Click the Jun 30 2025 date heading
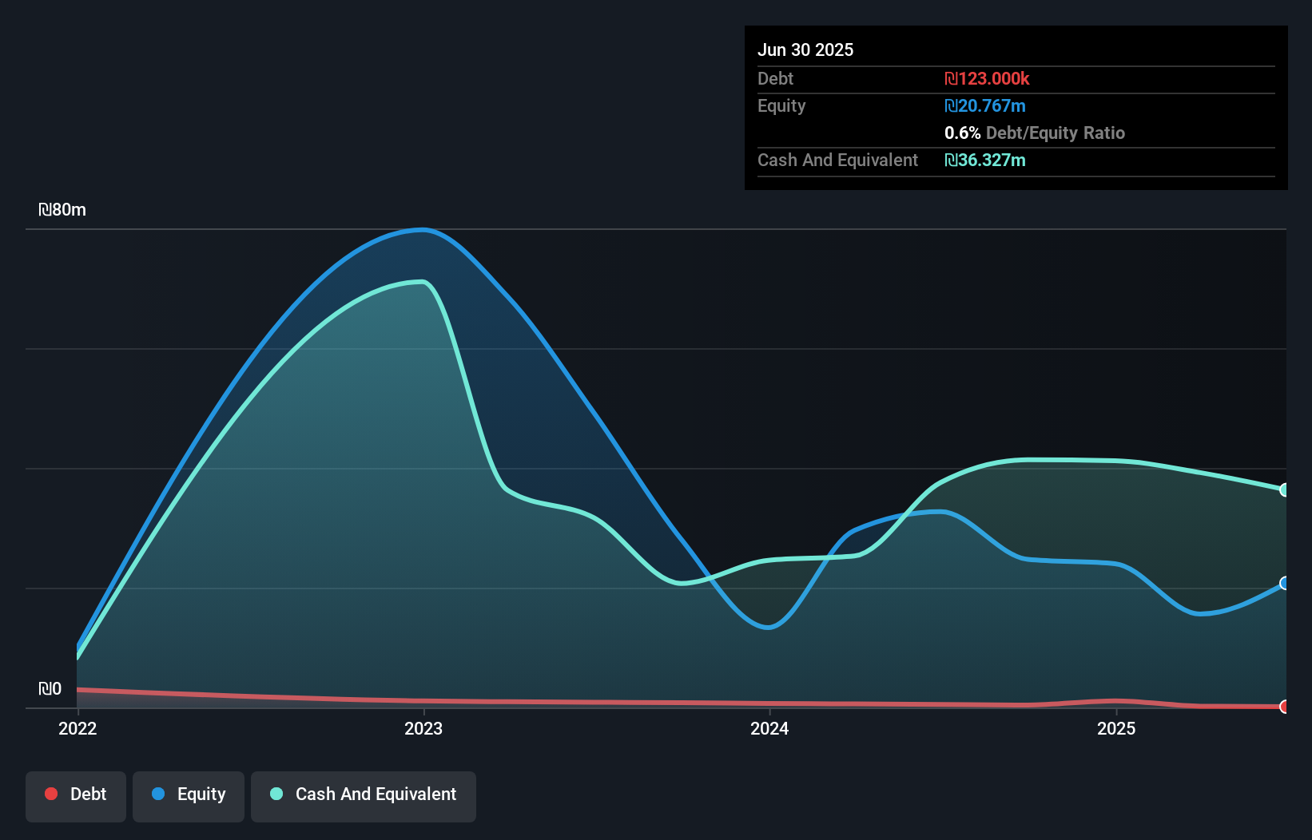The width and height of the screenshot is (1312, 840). (x=805, y=50)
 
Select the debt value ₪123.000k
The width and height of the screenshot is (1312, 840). (x=987, y=78)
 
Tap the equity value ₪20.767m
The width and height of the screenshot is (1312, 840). (x=984, y=105)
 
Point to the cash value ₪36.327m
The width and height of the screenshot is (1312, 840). (x=984, y=160)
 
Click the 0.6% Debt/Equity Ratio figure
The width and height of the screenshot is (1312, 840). (x=1034, y=133)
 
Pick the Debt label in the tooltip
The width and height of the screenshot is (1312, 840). (x=775, y=78)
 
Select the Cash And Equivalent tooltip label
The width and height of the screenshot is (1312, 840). (x=837, y=160)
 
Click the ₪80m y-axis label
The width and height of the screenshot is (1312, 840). (x=62, y=210)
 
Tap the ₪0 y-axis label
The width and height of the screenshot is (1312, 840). (x=50, y=688)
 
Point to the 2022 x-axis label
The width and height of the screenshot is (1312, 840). (x=78, y=728)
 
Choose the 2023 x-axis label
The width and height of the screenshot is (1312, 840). (x=423, y=728)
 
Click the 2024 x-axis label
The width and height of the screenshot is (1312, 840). (x=769, y=728)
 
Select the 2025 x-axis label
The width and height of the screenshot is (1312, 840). (x=1116, y=728)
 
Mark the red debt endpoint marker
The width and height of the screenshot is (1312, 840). (x=1284, y=706)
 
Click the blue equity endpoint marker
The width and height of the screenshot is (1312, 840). (x=1284, y=583)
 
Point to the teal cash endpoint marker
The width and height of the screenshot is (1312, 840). (x=1284, y=489)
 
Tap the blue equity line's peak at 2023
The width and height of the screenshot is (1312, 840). (x=423, y=230)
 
